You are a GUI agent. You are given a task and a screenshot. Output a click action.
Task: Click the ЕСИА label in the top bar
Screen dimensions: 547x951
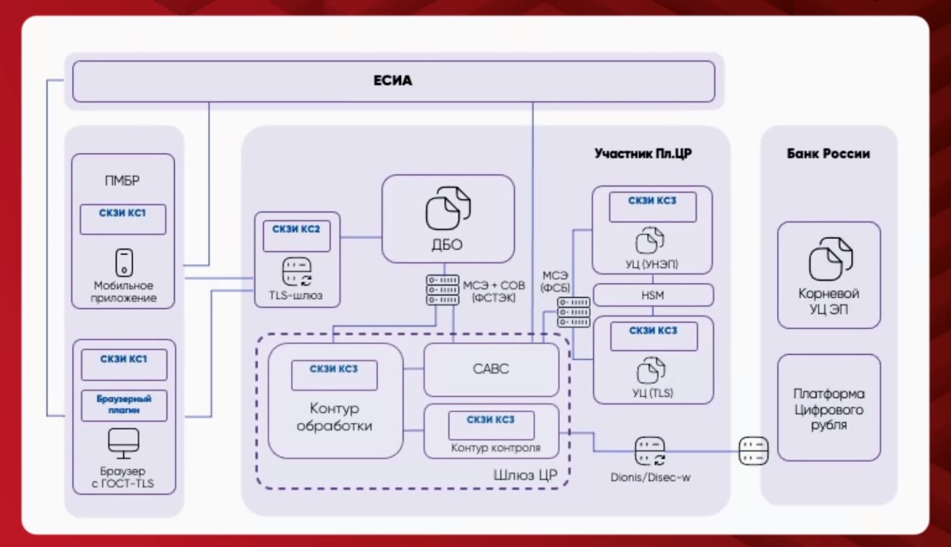(393, 81)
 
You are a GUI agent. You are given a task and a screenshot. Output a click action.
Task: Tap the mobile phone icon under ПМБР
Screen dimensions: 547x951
(123, 262)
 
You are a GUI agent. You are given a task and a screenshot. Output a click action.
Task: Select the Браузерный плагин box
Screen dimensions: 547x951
(123, 405)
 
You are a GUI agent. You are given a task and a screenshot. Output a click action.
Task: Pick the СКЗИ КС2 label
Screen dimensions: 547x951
(296, 227)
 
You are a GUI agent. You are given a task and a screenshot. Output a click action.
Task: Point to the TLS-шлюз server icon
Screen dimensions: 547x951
(297, 271)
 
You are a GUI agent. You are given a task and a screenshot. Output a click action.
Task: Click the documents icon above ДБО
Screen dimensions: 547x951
(448, 209)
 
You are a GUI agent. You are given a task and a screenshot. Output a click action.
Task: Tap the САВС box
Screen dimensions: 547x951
(491, 369)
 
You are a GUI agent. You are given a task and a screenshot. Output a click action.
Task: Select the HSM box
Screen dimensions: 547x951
(652, 295)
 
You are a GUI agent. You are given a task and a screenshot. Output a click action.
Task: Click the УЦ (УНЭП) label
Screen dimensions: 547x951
(651, 264)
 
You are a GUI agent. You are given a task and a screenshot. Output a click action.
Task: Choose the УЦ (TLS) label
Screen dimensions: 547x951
(651, 393)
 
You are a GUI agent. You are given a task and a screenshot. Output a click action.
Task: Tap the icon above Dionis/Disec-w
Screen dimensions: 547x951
(650, 451)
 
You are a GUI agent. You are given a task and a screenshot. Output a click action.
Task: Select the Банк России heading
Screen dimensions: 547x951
(828, 153)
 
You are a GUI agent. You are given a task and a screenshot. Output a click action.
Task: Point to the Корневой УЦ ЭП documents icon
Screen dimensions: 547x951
(830, 258)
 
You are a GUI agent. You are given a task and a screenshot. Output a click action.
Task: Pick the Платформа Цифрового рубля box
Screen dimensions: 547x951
(829, 408)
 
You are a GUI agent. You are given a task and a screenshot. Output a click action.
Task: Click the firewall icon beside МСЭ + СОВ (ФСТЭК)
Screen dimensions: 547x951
(443, 289)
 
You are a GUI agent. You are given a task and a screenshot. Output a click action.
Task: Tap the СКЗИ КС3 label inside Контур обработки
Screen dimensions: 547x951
(334, 369)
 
